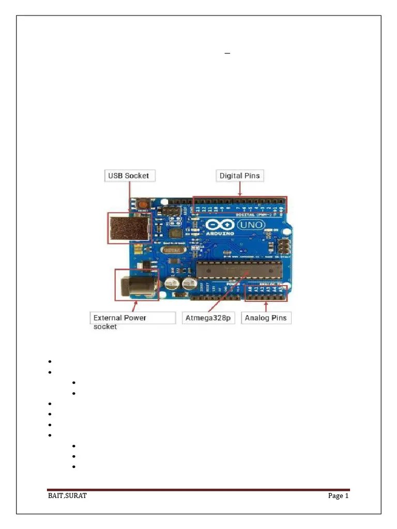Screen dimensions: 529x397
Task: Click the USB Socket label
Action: point(128,176)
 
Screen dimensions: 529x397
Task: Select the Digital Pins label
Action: point(239,176)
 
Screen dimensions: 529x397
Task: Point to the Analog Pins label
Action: point(266,318)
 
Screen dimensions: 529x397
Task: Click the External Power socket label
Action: point(119,321)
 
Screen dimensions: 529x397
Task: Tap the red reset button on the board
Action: point(142,205)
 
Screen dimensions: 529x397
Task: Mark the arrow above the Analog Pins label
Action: point(266,306)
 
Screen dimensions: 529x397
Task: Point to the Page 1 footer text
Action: point(339,496)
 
